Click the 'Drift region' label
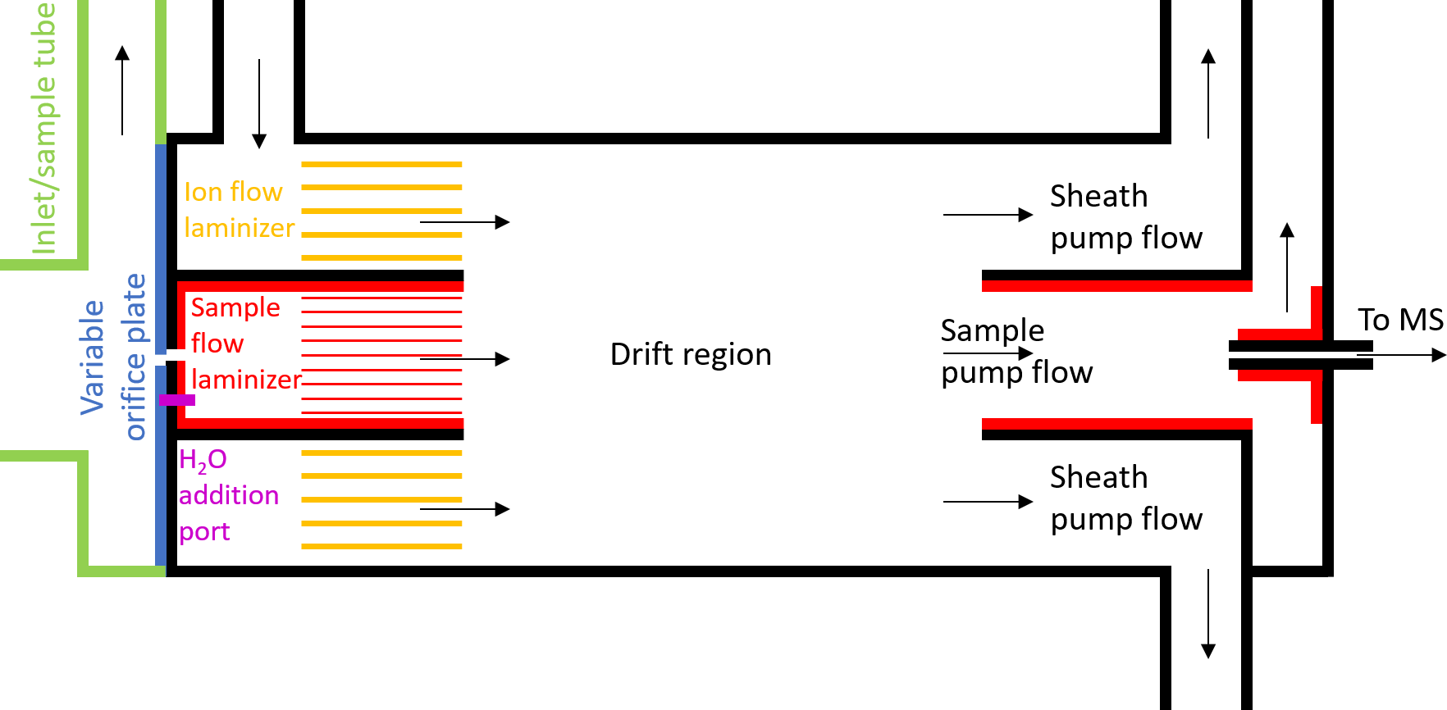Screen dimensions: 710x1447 pyautogui.click(x=691, y=355)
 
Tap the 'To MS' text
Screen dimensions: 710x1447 pyautogui.click(x=1399, y=320)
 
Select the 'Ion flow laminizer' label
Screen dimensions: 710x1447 pyautogui.click(x=238, y=210)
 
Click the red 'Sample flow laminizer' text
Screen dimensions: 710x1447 pyautogui.click(x=244, y=344)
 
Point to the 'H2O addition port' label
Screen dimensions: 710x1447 pyautogui.click(x=227, y=495)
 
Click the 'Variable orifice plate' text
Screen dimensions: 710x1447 pyautogui.click(x=112, y=357)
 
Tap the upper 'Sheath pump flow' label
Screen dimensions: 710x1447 pyautogui.click(x=1125, y=217)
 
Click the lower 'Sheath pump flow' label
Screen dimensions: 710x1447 pyautogui.click(x=1125, y=498)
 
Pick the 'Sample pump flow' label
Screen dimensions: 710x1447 pyautogui.click(x=1016, y=352)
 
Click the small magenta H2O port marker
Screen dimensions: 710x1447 pyautogui.click(x=176, y=400)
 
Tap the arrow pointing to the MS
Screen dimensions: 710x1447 pyautogui.click(x=1403, y=355)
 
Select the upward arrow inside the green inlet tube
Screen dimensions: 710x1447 pyautogui.click(x=122, y=90)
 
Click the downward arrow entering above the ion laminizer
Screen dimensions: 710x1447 pyautogui.click(x=259, y=103)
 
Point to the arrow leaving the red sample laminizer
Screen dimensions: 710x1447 pyautogui.click(x=464, y=359)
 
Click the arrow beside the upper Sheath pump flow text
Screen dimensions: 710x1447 pyautogui.click(x=988, y=215)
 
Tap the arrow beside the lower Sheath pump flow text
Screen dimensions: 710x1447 pyautogui.click(x=988, y=502)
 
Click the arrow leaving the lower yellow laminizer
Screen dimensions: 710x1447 pyautogui.click(x=464, y=509)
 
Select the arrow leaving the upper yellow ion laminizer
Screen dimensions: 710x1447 pyautogui.click(x=464, y=222)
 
